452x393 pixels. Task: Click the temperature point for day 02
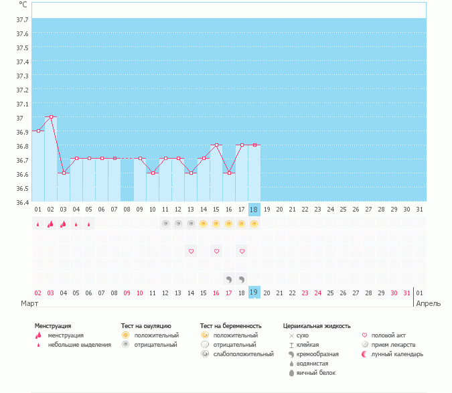tap(51, 116)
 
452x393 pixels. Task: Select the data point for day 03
tap(64, 173)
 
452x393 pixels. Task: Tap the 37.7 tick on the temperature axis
tap(21, 19)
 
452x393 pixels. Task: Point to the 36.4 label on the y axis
tap(21, 202)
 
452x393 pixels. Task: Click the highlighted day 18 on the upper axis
tap(254, 209)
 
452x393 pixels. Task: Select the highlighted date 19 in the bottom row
tap(254, 293)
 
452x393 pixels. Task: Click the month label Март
tap(29, 303)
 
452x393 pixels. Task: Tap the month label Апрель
tap(429, 303)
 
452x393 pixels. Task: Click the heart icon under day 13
tap(191, 251)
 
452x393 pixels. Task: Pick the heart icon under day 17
tap(242, 251)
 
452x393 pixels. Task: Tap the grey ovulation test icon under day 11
tap(165, 224)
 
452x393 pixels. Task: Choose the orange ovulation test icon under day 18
tap(254, 224)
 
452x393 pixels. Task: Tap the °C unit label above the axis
tap(23, 4)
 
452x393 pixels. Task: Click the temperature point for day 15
tap(216, 145)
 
